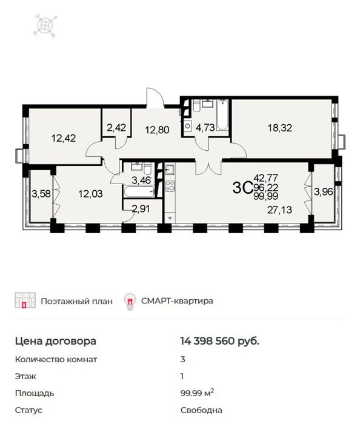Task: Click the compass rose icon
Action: (x=45, y=26)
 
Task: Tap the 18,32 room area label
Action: (x=279, y=128)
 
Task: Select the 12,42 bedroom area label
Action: (x=64, y=138)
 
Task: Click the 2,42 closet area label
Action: (x=116, y=127)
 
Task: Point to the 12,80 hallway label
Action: (x=157, y=130)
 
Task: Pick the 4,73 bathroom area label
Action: (x=205, y=127)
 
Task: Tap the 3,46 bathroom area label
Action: (x=141, y=180)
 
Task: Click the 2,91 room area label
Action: (x=141, y=209)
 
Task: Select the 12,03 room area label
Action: (x=90, y=194)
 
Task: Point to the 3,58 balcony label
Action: (x=41, y=194)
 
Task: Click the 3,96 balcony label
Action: (x=323, y=192)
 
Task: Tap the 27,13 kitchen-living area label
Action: (x=279, y=210)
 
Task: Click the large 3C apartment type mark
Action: (x=242, y=187)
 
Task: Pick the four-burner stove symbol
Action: (x=170, y=186)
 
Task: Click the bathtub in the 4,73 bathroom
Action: (x=222, y=115)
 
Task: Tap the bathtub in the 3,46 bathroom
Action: (x=139, y=192)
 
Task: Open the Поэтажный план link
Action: (x=76, y=301)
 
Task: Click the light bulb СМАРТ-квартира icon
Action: (x=130, y=301)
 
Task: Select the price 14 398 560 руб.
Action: (x=219, y=341)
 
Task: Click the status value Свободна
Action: (x=201, y=410)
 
